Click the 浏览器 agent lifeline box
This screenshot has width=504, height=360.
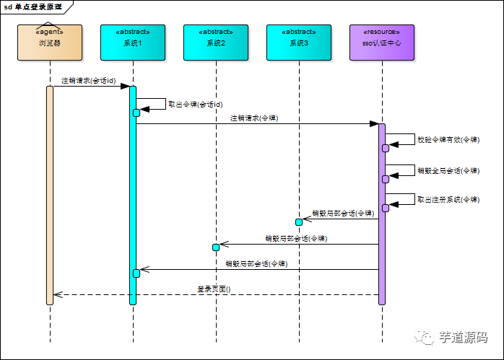(50, 43)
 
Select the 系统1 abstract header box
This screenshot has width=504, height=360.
(133, 43)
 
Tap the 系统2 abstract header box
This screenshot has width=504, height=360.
(216, 43)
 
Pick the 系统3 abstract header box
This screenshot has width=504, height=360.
(299, 43)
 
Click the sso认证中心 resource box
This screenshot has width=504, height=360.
(382, 43)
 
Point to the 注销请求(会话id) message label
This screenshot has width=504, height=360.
(88, 80)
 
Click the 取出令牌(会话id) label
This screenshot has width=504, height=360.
(195, 104)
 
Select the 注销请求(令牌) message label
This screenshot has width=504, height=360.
(254, 118)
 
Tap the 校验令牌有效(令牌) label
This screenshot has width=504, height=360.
(448, 139)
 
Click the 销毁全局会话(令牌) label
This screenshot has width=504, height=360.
(448, 170)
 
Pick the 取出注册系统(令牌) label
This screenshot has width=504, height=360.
(448, 199)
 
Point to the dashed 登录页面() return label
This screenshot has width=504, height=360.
(214, 289)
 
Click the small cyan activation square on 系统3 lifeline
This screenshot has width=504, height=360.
(298, 221)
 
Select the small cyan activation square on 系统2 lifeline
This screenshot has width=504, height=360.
(215, 247)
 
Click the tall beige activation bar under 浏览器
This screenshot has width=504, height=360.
(50, 195)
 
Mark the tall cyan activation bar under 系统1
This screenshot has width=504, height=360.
(133, 195)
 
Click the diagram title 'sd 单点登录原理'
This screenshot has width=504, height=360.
(33, 6)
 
